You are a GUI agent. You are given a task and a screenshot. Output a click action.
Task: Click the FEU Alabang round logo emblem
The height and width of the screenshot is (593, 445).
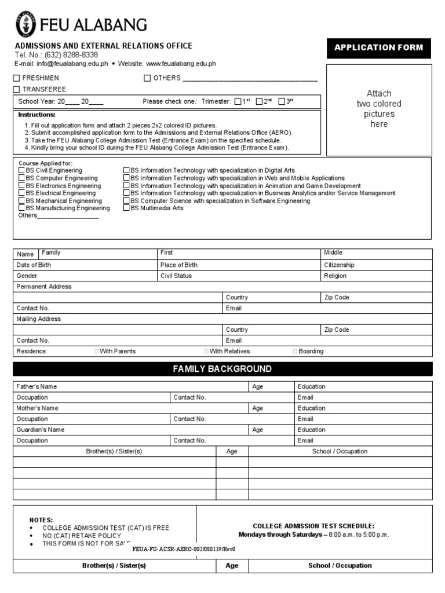point(25,25)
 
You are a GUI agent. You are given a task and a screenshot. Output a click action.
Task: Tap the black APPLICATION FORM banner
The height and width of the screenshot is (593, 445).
point(379,48)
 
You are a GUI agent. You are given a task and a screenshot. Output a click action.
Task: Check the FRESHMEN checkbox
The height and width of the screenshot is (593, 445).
point(17,78)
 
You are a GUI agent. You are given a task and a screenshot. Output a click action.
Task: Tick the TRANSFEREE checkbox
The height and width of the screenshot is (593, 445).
point(17,90)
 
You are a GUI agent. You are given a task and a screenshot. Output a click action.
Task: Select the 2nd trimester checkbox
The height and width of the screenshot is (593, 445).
point(259,102)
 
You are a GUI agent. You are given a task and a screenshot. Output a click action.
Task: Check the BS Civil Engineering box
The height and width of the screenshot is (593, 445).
point(21,171)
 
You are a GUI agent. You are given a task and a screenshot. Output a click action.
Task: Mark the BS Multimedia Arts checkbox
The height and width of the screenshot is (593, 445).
point(126,208)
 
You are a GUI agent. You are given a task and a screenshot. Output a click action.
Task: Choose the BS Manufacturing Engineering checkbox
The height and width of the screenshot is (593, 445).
point(21,208)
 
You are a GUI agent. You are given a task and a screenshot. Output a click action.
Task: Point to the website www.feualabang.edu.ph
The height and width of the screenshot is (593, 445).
point(181,64)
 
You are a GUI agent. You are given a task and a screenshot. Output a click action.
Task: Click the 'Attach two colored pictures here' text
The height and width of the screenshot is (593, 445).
point(379,109)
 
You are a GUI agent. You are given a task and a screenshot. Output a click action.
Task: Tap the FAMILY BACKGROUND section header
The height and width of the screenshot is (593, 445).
point(222,369)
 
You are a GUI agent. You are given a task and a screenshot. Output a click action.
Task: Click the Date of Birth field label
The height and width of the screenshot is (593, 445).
point(34,265)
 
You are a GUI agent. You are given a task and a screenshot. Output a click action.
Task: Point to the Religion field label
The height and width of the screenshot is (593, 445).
point(335,276)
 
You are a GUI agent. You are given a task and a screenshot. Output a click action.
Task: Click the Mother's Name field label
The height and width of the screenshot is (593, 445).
point(38,408)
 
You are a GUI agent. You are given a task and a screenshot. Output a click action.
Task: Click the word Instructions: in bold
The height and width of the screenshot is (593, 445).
point(37,115)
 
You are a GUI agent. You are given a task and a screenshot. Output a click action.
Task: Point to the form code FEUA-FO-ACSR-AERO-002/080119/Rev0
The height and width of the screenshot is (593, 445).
point(184,549)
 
